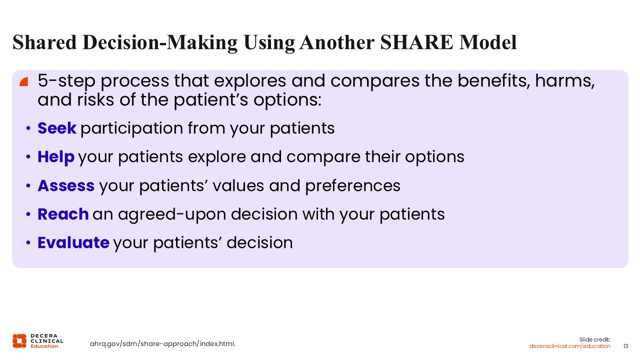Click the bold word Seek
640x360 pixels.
click(57, 128)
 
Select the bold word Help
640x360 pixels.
click(56, 157)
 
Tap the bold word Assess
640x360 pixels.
click(66, 185)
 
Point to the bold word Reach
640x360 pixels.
click(63, 214)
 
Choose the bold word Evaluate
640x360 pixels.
click(73, 243)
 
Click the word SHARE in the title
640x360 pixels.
click(416, 42)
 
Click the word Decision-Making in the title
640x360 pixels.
click(160, 43)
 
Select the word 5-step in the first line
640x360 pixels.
click(66, 81)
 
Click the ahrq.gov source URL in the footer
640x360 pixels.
click(162, 343)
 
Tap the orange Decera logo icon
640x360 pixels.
click(19, 341)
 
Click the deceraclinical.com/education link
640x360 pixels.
click(569, 346)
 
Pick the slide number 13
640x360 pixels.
click(625, 346)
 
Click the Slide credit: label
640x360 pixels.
click(594, 339)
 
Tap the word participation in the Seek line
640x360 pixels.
click(131, 128)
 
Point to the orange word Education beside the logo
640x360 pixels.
click(44, 346)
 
